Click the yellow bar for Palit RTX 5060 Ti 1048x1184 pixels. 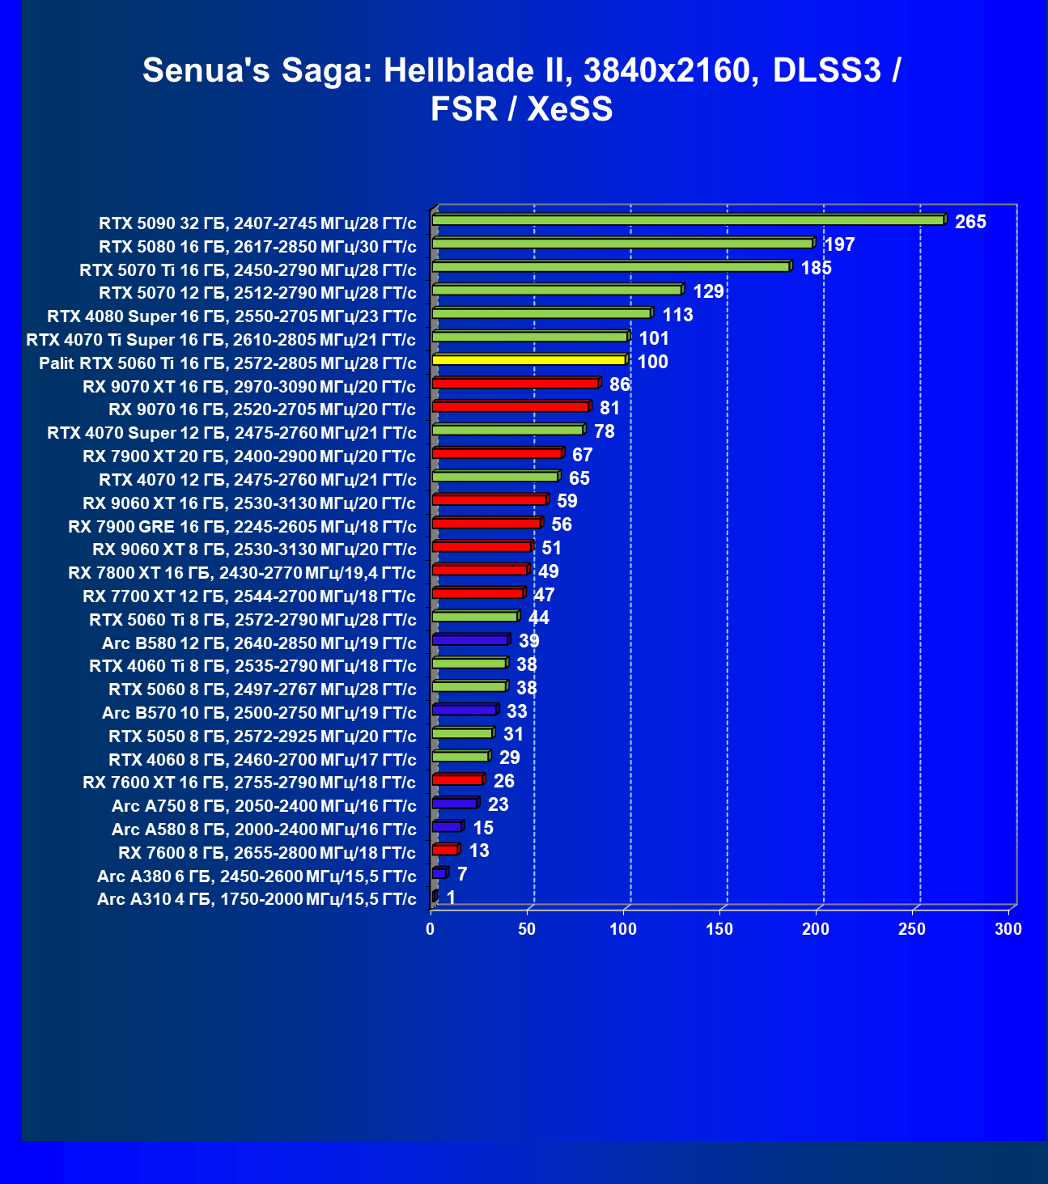(529, 360)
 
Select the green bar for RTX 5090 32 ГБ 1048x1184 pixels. (688, 220)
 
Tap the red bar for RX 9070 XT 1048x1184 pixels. (516, 384)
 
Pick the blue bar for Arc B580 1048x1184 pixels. (470, 640)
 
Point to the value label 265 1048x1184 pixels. (970, 222)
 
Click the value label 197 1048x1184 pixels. (839, 244)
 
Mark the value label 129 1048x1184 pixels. (708, 291)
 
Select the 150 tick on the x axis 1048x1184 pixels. (719, 930)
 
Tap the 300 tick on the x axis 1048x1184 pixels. (1008, 930)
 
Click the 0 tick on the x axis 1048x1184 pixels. (431, 930)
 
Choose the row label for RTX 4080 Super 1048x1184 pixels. (231, 316)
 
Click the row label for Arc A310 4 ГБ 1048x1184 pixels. (257, 899)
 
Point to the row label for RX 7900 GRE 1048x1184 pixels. (242, 527)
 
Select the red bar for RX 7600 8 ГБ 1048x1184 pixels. (445, 850)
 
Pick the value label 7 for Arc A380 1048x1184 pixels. (462, 874)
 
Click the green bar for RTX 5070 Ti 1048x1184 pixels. (611, 267)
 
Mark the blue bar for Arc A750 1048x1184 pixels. (455, 804)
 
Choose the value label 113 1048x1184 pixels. (677, 315)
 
